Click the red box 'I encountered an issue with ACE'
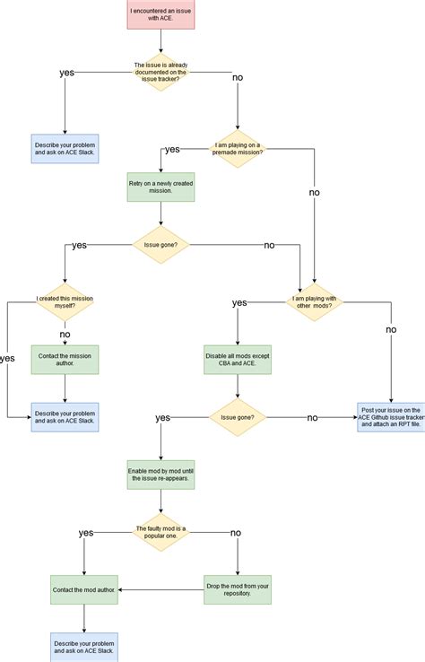[160, 14]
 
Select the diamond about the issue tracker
[160, 71]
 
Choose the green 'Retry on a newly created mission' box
[160, 187]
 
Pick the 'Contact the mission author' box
[65, 359]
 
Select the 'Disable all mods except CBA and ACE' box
[238, 359]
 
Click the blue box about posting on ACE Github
[391, 417]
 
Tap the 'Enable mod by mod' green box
[160, 475]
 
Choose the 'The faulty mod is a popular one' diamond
[160, 532]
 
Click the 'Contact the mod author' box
[84, 589]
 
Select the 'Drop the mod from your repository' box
[238, 589]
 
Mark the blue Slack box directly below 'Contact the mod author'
[84, 646]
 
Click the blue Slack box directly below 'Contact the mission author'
[65, 417]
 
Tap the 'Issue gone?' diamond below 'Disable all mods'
[238, 417]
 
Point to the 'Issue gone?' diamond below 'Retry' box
[160, 245]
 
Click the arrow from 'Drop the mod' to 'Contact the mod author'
[161, 589]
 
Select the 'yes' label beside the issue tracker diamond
[66, 72]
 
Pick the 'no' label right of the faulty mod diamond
[236, 533]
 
